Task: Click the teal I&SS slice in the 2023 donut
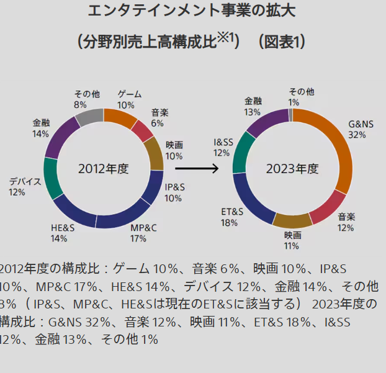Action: click(241, 153)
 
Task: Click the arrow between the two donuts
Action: click(197, 168)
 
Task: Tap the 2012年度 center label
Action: click(103, 168)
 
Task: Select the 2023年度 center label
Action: click(292, 168)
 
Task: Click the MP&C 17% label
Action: click(143, 233)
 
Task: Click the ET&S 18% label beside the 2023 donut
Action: click(232, 217)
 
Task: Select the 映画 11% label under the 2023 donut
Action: click(292, 241)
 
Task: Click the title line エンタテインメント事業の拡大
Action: click(192, 11)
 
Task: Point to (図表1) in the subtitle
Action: click(281, 42)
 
